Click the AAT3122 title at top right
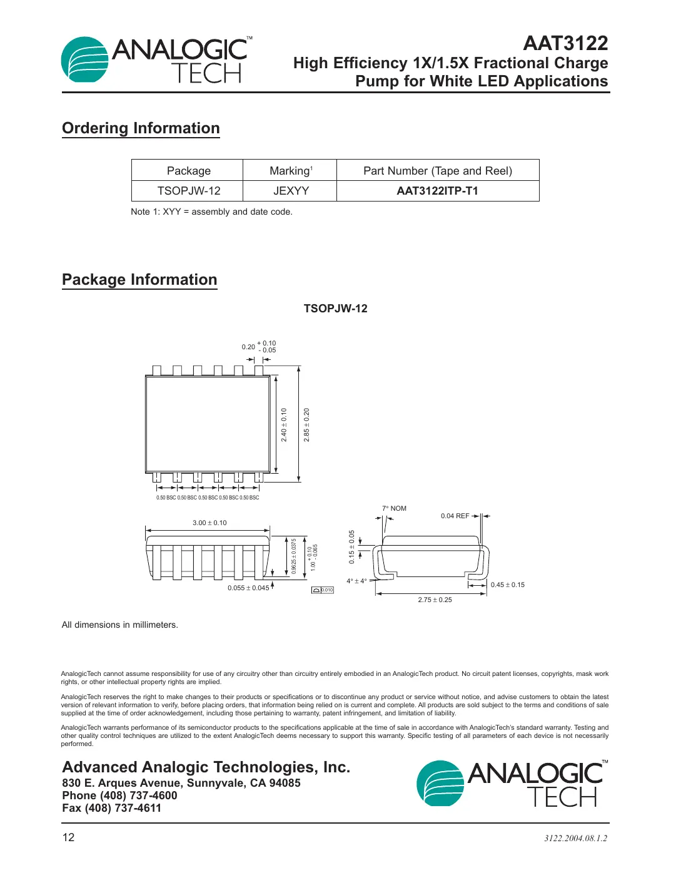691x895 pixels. point(565,43)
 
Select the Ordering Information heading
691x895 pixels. point(141,128)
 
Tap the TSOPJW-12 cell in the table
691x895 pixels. point(188,191)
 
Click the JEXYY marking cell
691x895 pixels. point(291,191)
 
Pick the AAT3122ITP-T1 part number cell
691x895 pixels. point(437,191)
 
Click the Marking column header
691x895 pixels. point(290,171)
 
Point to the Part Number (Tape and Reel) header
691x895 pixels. point(437,171)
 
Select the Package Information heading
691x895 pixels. point(139,280)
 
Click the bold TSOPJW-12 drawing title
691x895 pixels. point(335,309)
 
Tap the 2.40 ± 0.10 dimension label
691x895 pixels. point(284,425)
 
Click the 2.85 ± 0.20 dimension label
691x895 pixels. point(306,425)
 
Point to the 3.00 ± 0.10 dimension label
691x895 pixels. point(209,523)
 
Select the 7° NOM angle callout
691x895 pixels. point(394,508)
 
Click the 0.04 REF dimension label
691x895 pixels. point(455,516)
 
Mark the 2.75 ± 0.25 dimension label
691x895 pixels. point(435,600)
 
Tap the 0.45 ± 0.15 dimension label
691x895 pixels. point(507,585)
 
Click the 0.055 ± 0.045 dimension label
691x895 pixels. point(248,588)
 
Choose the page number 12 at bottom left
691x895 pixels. point(68,837)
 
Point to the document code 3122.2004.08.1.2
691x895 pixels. point(575,838)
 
